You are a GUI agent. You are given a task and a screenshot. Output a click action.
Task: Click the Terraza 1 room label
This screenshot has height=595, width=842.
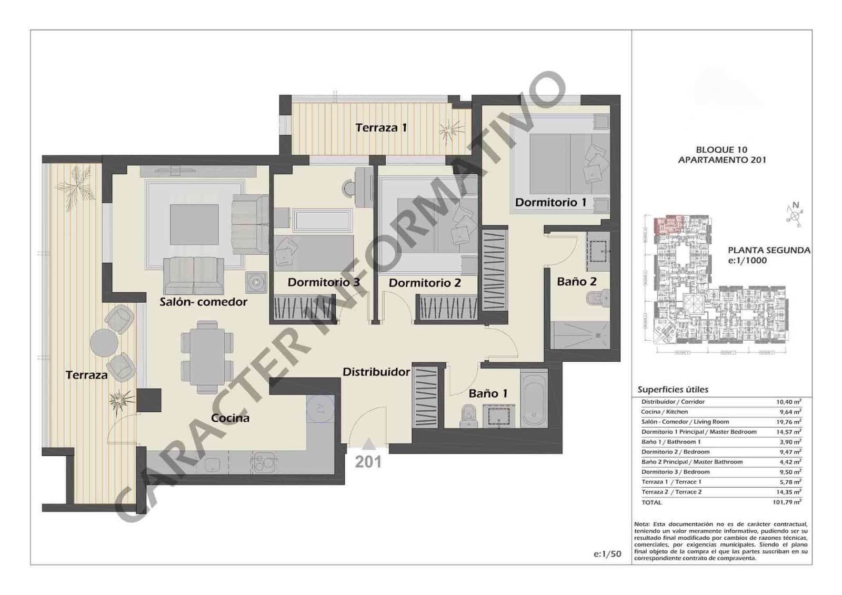point(381,127)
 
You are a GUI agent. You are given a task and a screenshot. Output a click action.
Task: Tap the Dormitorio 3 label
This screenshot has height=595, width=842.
point(323,282)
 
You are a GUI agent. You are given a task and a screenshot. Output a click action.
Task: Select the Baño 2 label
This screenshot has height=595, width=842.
point(576,282)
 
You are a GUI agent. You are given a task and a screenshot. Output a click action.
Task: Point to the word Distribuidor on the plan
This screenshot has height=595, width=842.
point(376,372)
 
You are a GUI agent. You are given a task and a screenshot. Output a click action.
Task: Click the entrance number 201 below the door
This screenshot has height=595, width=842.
point(368,462)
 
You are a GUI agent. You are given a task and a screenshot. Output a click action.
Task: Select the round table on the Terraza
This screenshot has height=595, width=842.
point(104,343)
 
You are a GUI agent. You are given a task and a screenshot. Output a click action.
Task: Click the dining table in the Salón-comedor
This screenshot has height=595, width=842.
point(207,357)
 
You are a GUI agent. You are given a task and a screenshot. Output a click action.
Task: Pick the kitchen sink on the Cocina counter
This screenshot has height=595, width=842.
point(213,464)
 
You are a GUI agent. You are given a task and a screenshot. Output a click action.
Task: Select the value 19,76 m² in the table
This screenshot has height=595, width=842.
point(788,422)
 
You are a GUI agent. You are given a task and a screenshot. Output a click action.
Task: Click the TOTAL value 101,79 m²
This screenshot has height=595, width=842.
point(787,502)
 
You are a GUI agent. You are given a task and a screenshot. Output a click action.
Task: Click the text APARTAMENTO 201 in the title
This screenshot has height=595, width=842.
point(721,160)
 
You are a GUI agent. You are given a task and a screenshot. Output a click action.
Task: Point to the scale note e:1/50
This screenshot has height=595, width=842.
point(607,554)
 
